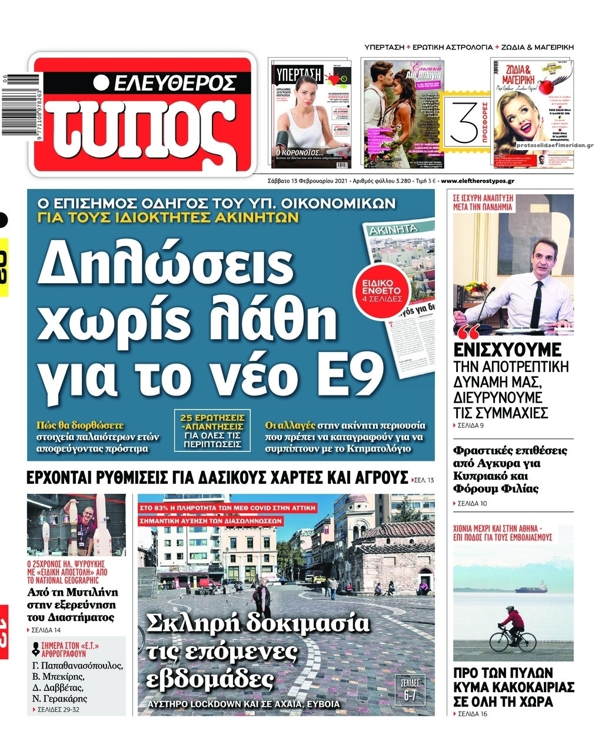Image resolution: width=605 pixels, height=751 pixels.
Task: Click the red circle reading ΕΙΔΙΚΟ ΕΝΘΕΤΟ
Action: (385, 290)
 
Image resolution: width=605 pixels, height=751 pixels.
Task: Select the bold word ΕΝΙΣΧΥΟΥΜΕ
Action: (508, 350)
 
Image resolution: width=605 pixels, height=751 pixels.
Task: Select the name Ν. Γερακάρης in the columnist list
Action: (60, 699)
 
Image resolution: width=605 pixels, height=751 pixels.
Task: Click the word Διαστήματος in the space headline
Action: (71, 617)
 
